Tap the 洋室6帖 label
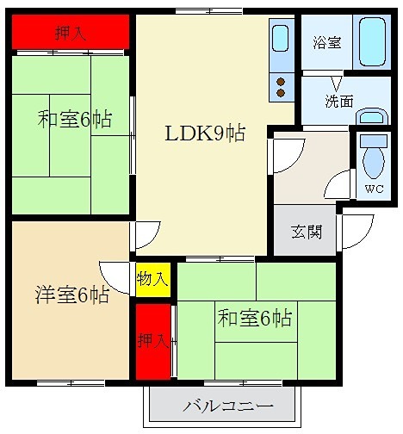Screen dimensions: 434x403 pyautogui.click(x=72, y=294)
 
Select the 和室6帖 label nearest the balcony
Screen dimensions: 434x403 pyautogui.click(x=255, y=318)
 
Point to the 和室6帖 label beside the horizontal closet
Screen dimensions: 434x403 pyautogui.click(x=73, y=118)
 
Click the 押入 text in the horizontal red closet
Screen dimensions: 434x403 pyautogui.click(x=70, y=34)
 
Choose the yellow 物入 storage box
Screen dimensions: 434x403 pyautogui.click(x=152, y=278)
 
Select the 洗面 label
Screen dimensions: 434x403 pyautogui.click(x=338, y=101)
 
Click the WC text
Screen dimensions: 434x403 pyautogui.click(x=374, y=189)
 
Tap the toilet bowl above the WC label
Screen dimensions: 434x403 pyautogui.click(x=374, y=156)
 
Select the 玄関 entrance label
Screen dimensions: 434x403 pyautogui.click(x=306, y=232)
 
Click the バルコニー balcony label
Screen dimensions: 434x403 pyautogui.click(x=227, y=406)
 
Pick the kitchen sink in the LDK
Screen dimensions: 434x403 pyautogui.click(x=281, y=40)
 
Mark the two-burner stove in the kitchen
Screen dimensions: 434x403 pyautogui.click(x=281, y=84)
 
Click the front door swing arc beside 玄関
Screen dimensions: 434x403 pyautogui.click(x=355, y=230)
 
